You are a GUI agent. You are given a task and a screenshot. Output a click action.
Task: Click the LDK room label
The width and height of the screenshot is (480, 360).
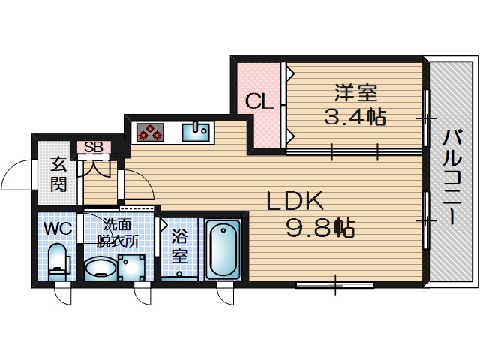point(295,201)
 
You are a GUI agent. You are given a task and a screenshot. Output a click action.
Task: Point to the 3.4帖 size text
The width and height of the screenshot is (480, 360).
point(355,117)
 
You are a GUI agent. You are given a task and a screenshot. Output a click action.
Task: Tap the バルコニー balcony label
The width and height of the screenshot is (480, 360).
point(451,177)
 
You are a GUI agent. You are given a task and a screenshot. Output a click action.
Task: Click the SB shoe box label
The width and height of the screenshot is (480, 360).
point(94,147)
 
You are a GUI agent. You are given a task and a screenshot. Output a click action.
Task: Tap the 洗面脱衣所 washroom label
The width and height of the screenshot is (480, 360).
point(120,232)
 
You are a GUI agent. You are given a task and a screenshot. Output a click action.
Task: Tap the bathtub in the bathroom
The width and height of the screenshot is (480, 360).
point(223,249)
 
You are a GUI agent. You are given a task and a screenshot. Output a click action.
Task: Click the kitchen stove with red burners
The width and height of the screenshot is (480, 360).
point(150,132)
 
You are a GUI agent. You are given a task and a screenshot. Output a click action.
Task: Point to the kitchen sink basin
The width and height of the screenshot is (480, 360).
point(199,132)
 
